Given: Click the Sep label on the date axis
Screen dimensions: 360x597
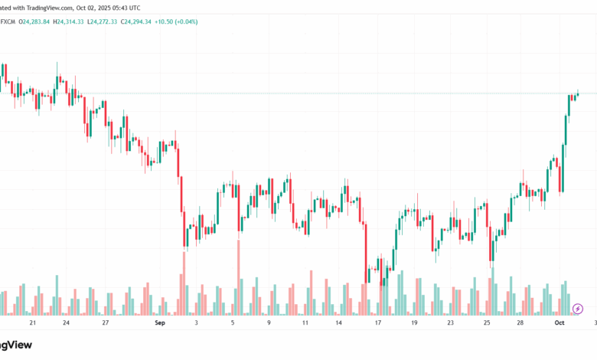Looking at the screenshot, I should [160, 324].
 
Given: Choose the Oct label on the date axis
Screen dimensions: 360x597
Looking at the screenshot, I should [559, 324].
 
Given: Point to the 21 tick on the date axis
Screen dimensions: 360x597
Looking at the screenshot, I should [31, 324].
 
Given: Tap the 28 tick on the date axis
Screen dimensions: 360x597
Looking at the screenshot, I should [520, 324].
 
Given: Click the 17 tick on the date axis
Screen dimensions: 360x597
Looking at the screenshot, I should [378, 324].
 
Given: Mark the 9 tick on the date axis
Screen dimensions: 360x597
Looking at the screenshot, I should [269, 324].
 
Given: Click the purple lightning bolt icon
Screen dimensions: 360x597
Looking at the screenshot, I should [577, 309].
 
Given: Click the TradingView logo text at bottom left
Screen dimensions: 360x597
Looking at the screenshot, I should [15, 345].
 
